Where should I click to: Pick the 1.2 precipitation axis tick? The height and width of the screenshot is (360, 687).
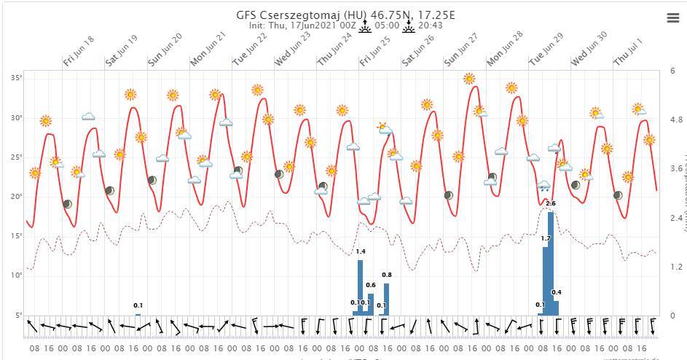[676, 267]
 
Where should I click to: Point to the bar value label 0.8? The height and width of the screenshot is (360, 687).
[387, 275]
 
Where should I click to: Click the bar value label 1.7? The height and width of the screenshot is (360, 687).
[546, 238]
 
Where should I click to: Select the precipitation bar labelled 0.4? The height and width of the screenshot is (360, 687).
[556, 308]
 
